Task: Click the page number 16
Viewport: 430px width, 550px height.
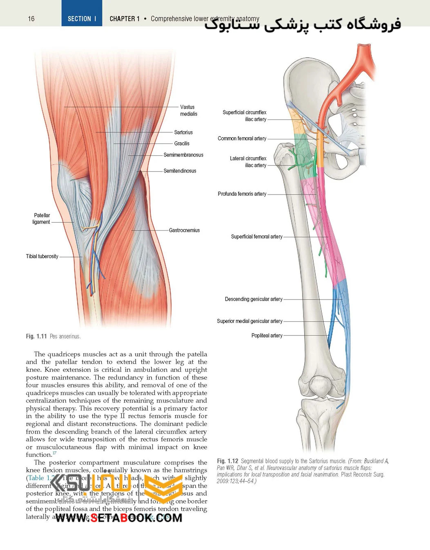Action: point(31,19)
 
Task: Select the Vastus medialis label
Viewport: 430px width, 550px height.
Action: point(188,110)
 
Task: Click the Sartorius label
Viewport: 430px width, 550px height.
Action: point(183,132)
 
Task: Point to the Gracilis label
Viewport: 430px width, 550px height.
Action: point(182,143)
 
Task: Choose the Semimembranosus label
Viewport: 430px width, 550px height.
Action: point(183,155)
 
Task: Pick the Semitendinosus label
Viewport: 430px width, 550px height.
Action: point(180,171)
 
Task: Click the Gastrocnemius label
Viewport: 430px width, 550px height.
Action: point(184,230)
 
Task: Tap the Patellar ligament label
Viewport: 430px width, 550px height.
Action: point(41,219)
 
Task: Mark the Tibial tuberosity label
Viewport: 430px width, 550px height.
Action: point(42,257)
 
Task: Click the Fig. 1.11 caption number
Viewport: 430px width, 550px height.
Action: point(36,336)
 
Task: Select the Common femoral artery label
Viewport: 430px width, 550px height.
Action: point(242,139)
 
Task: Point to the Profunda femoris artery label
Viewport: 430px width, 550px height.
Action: point(242,194)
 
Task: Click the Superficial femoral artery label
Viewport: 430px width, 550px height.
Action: point(256,237)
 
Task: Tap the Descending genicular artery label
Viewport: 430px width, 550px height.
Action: point(254,299)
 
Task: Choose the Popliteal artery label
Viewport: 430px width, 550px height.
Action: point(267,335)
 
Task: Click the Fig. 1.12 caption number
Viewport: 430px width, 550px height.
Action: point(227,461)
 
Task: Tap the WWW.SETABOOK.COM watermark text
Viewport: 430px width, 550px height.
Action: point(119,518)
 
